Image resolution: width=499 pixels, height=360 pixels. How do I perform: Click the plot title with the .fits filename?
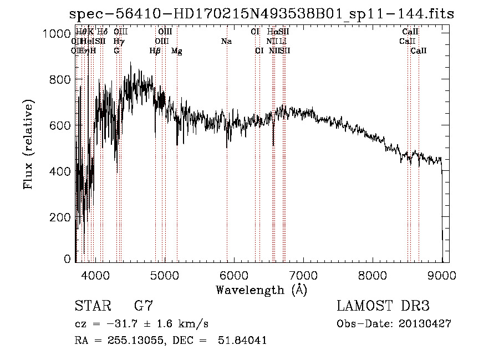[262, 14]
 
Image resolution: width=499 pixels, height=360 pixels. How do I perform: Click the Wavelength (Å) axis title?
[261, 290]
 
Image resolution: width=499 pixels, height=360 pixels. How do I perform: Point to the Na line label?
[226, 42]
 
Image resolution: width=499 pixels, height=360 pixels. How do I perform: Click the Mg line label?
[177, 51]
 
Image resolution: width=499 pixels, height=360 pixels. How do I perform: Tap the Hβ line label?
[155, 51]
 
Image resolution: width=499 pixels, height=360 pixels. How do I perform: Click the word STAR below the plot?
[91, 306]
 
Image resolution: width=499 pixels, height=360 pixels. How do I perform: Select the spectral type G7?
[144, 306]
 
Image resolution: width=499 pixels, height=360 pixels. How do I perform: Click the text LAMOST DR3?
[383, 306]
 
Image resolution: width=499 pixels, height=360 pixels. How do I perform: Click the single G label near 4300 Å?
[116, 51]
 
